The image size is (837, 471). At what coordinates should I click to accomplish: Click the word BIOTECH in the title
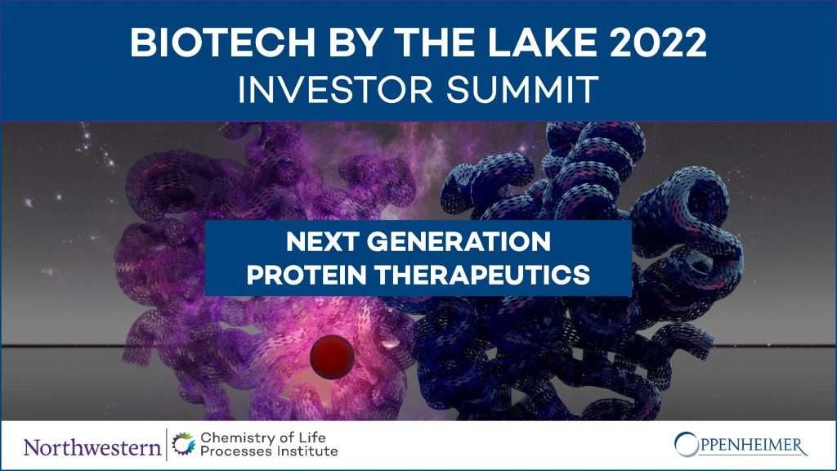pos(222,43)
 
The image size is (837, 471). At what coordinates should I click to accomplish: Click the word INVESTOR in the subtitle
pos(335,89)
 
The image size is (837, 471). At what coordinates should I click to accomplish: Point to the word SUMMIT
pos(522,89)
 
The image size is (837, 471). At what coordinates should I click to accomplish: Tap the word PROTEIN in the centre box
pos(307,275)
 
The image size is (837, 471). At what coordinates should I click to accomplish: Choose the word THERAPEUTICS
pos(482,275)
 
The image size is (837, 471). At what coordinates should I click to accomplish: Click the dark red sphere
pos(332,357)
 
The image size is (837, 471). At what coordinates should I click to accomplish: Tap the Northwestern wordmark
pos(92,447)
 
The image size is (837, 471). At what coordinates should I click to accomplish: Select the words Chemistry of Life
pos(263,437)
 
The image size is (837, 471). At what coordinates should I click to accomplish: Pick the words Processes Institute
pos(269,451)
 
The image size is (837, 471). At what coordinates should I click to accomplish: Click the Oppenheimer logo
pos(741,445)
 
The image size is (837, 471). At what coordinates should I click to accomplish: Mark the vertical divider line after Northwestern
pos(167,445)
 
